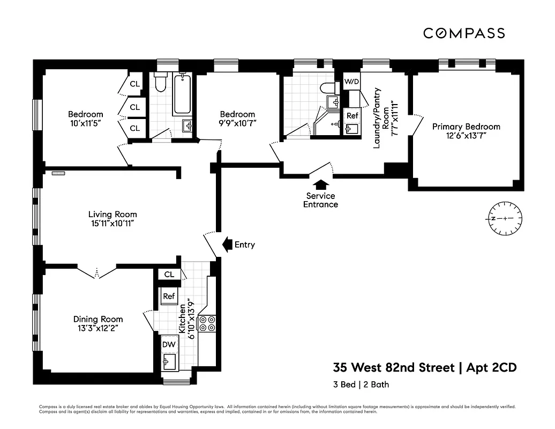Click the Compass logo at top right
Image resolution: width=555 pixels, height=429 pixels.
pos(464,33)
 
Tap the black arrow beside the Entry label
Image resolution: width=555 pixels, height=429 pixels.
pos(226,245)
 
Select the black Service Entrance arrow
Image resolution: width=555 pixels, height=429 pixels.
pos(320,185)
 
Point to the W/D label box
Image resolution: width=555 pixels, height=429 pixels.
pos(351,82)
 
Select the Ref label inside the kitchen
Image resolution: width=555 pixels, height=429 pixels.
pos(169,296)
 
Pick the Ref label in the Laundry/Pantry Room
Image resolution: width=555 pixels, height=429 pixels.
pos(352,115)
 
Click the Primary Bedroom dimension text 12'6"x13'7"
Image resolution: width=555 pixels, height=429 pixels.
pos(466,136)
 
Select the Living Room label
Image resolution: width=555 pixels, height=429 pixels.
pos(112,214)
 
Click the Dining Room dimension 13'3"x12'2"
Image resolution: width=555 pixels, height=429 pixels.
pos(98,328)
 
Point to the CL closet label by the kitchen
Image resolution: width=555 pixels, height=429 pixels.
pos(169,275)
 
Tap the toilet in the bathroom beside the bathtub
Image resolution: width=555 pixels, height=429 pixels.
pos(161,83)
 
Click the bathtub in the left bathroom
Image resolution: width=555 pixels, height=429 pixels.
pos(182,94)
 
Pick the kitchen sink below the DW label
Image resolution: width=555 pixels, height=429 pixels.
pos(169,361)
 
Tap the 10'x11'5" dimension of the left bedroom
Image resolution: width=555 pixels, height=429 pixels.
pos(85,123)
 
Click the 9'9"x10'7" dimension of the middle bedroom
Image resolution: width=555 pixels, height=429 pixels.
pos(237,123)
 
